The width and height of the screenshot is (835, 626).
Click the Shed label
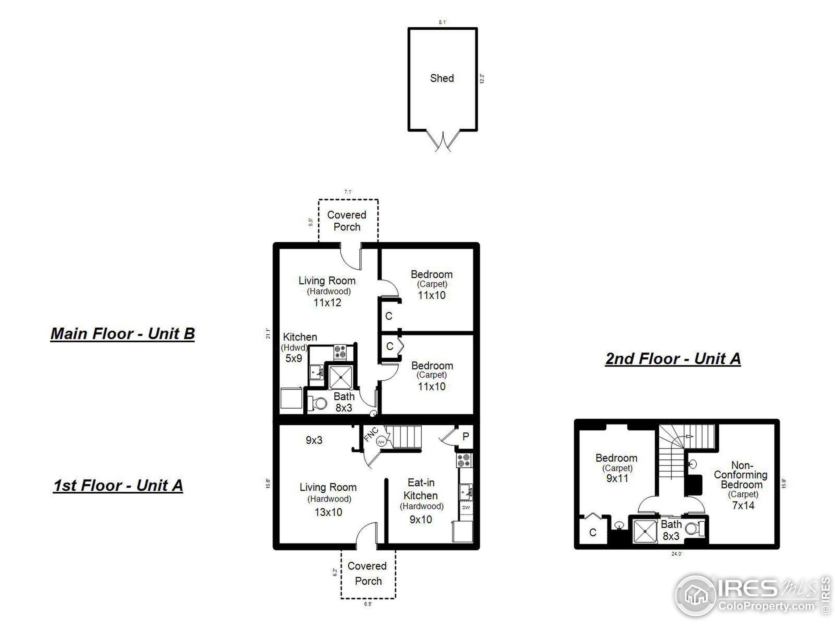point(442,78)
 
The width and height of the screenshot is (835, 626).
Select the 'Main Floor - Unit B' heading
point(123,334)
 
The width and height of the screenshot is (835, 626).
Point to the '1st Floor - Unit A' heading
point(118,485)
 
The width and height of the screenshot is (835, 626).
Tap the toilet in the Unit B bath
point(319,403)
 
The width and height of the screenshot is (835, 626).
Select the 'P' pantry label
point(465,436)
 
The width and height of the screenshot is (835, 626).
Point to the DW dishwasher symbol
point(466,508)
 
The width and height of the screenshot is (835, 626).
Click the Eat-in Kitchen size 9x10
point(420,520)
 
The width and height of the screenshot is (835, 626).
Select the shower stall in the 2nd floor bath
point(645,531)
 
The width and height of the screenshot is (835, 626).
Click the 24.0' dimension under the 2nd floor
point(676,554)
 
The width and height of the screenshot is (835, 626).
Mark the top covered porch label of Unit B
point(346,221)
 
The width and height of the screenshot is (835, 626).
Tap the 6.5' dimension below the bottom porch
point(368,604)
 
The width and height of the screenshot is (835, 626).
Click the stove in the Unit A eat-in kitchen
point(464,461)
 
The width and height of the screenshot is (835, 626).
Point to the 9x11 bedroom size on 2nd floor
point(617,478)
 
